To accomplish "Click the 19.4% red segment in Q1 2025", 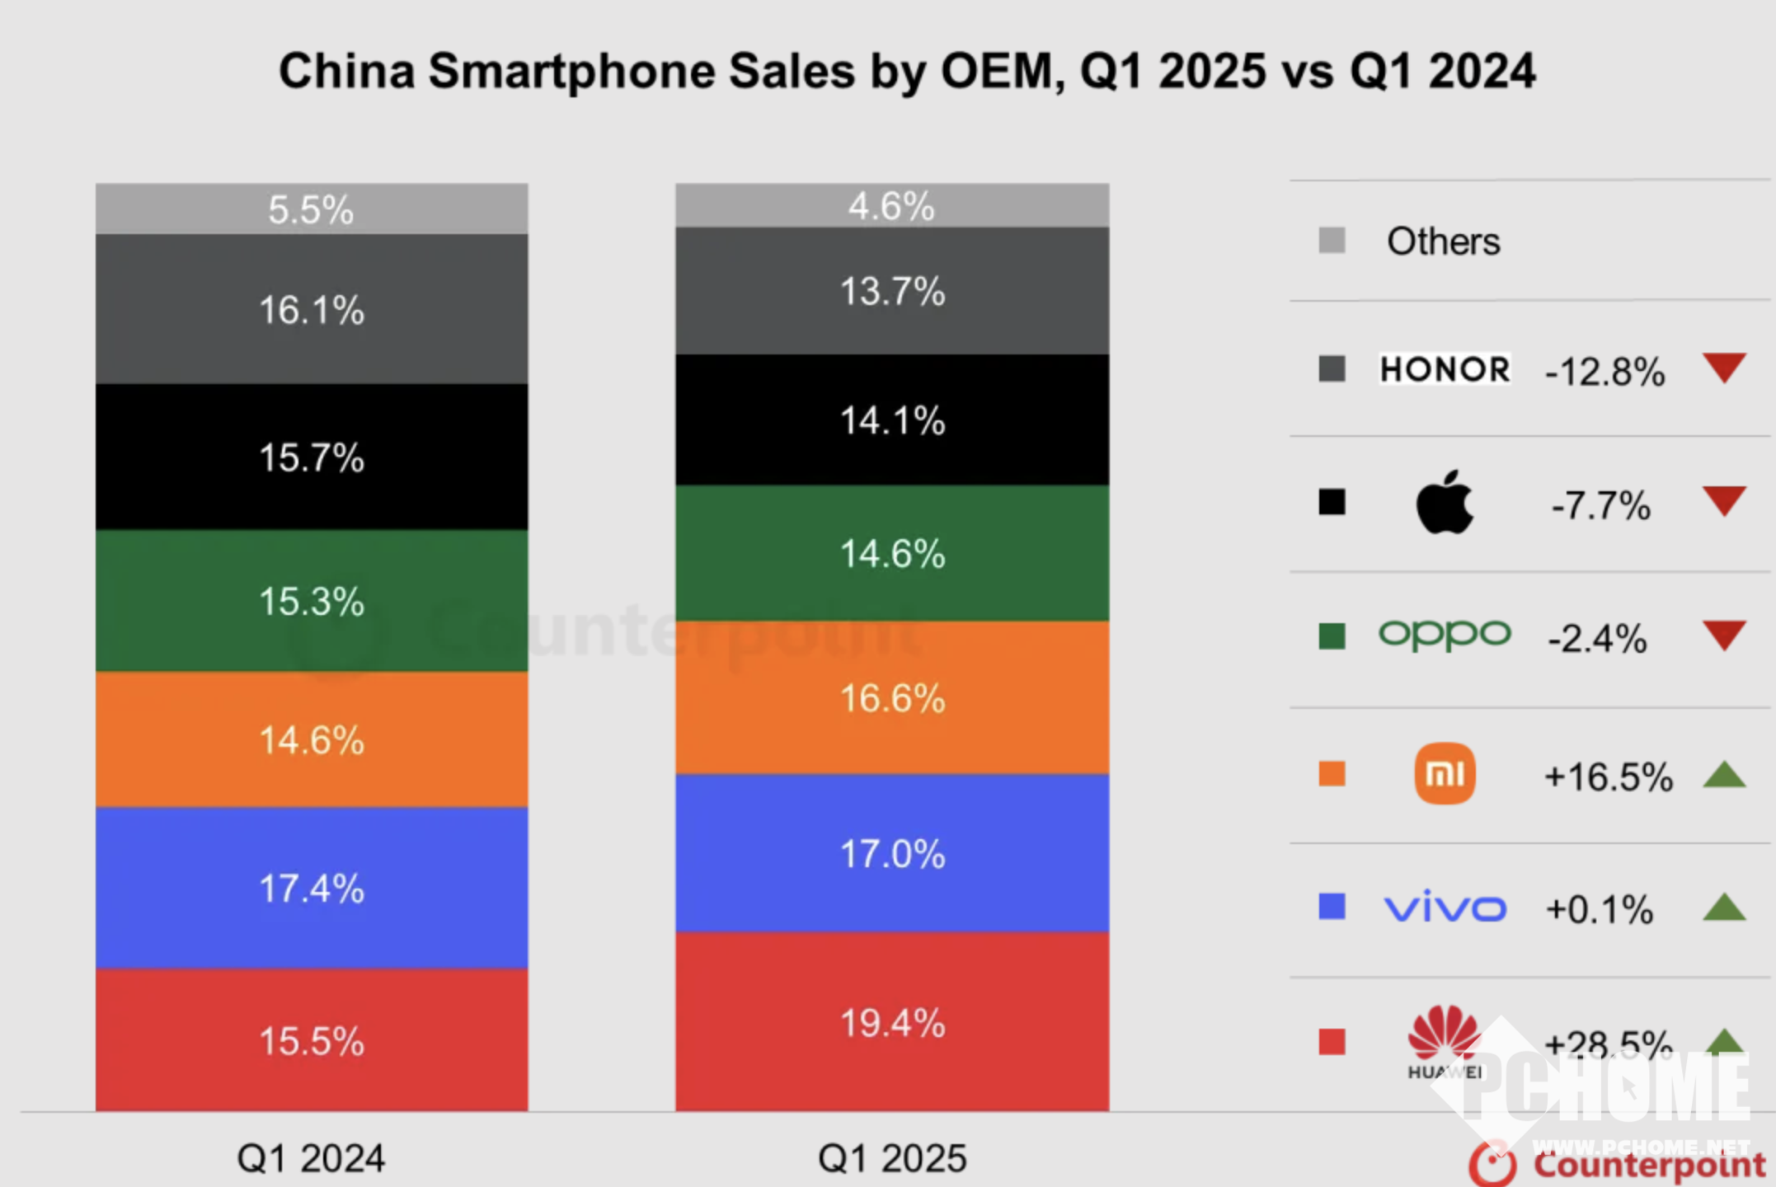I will tap(892, 1023).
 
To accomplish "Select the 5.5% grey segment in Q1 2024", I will tap(311, 209).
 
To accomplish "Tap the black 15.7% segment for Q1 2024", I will tap(311, 457).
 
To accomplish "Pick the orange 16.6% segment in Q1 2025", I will tap(892, 698).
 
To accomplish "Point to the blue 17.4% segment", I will tap(311, 889).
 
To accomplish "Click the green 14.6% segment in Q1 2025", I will tap(892, 553).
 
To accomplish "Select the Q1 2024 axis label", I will tap(311, 1158).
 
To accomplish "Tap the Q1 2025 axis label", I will tap(892, 1158).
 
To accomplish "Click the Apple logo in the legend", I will tap(1445, 503).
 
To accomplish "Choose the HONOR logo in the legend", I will tap(1445, 369).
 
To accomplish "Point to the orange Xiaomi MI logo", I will tap(1445, 774).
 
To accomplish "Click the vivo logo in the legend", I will tap(1445, 908).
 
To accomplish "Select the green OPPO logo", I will tap(1445, 635).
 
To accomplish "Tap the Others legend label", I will tap(1443, 242).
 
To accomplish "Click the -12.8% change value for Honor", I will tap(1605, 372).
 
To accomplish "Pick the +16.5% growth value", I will tap(1608, 776).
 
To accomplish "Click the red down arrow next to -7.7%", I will tap(1724, 500).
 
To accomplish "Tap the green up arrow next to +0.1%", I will tap(1724, 908).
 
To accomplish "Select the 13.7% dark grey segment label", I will tap(892, 291).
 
